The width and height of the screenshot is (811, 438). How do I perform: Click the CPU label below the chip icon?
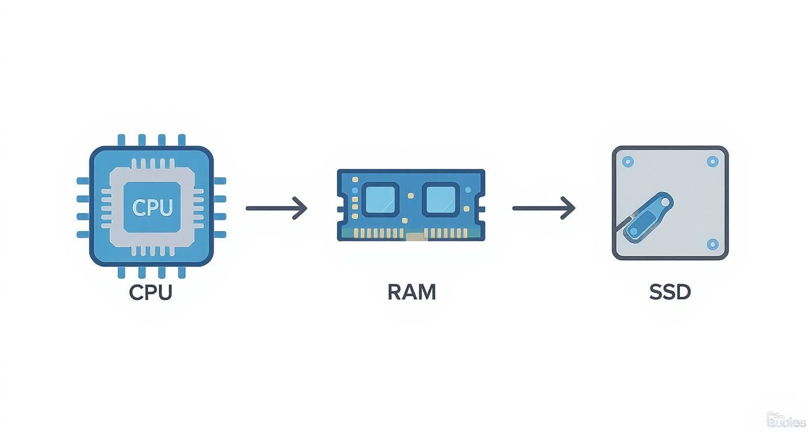(x=151, y=292)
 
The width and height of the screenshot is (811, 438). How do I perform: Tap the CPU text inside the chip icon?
(x=152, y=207)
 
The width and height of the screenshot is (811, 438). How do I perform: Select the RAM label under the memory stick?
(x=411, y=292)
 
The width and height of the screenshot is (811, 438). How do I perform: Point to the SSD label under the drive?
(x=670, y=292)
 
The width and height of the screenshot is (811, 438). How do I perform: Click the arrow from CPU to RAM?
(x=276, y=208)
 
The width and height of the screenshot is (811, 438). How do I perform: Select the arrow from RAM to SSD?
(x=543, y=208)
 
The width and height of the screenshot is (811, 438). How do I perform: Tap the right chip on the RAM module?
(x=440, y=200)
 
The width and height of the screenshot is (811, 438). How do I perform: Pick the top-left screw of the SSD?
(x=627, y=161)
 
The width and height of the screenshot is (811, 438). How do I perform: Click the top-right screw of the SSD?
(x=712, y=161)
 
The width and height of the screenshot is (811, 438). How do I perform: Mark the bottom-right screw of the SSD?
(x=712, y=244)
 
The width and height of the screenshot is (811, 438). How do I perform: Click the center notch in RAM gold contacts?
(x=415, y=236)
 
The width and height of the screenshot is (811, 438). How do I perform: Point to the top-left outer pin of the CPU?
(x=121, y=140)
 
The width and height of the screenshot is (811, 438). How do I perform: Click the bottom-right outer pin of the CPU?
(x=182, y=272)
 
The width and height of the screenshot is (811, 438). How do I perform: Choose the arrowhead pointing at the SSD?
(x=569, y=208)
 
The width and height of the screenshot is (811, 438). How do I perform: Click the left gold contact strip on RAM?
(x=379, y=233)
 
